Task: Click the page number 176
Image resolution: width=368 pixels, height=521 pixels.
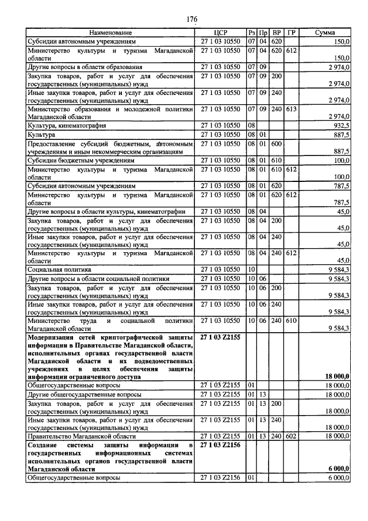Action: [192, 20]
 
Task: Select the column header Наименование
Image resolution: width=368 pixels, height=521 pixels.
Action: [110, 33]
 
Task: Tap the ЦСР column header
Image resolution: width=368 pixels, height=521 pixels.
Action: [221, 33]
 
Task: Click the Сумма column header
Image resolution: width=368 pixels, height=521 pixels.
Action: [325, 33]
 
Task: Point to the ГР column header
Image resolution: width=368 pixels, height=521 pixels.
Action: [292, 33]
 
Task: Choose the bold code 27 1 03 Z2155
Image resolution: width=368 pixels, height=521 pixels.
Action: [221, 335]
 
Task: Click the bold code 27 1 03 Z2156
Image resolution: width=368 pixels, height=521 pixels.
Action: [221, 446]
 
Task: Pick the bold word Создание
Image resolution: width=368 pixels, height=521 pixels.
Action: [45, 446]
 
